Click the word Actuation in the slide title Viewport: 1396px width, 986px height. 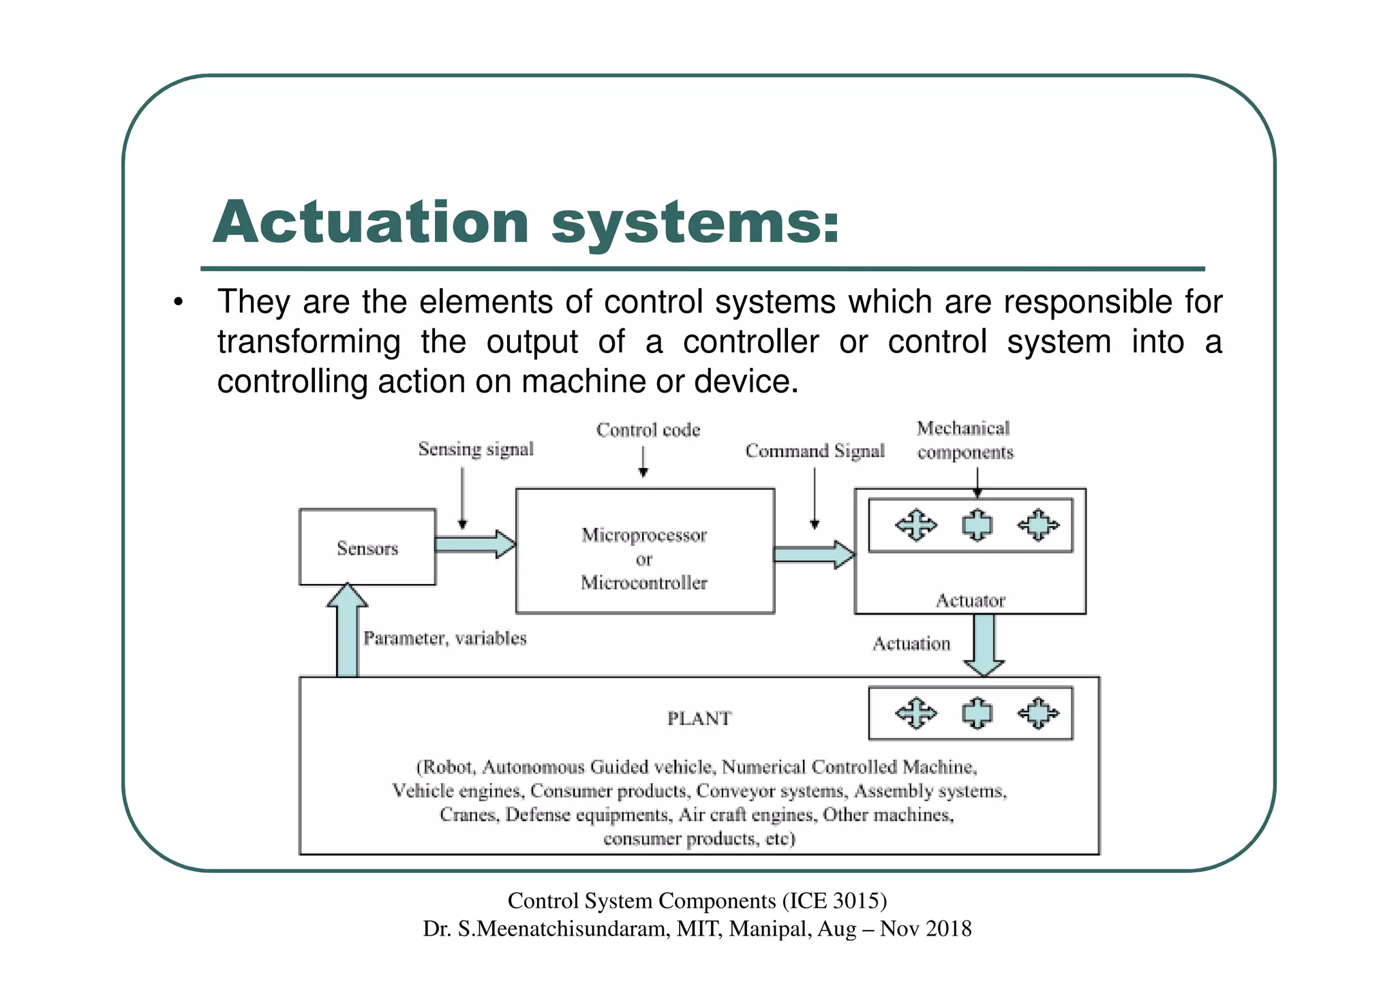click(x=371, y=222)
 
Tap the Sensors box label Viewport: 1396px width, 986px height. click(x=367, y=549)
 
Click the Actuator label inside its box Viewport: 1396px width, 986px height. click(x=970, y=600)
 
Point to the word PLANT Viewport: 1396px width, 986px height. click(x=699, y=718)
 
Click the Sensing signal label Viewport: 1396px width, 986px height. click(x=476, y=449)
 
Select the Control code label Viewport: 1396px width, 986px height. click(x=648, y=430)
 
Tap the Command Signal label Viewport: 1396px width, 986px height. click(x=815, y=451)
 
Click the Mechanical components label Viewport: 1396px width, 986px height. click(x=965, y=440)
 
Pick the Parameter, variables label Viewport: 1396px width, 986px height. click(x=444, y=638)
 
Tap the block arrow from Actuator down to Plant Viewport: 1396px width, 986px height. click(x=984, y=644)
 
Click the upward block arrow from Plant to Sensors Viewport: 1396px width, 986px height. click(x=347, y=630)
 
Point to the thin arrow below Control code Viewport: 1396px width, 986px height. click(x=643, y=461)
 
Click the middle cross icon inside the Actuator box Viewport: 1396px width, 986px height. click(x=977, y=525)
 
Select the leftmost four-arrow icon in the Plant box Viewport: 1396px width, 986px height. click(x=915, y=713)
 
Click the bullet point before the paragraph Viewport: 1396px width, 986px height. click(x=178, y=303)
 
